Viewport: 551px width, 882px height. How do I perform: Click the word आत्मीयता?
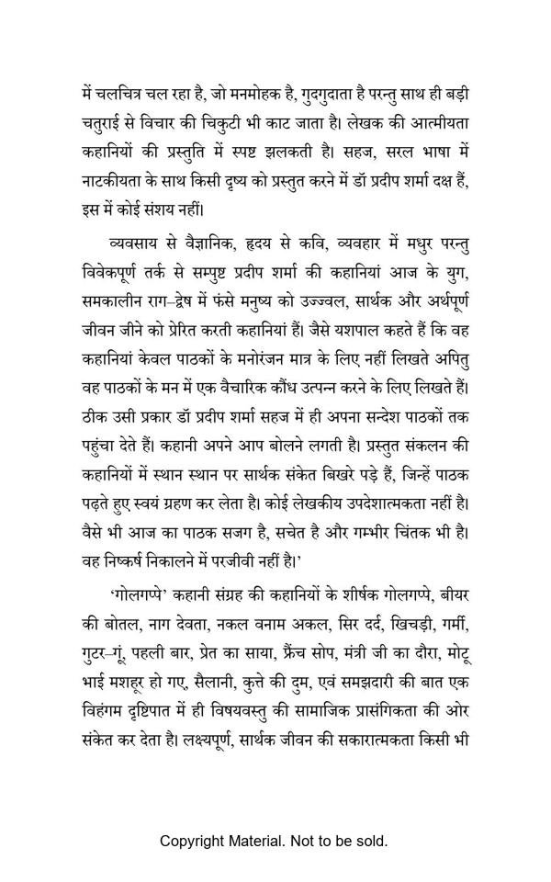tap(435, 121)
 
